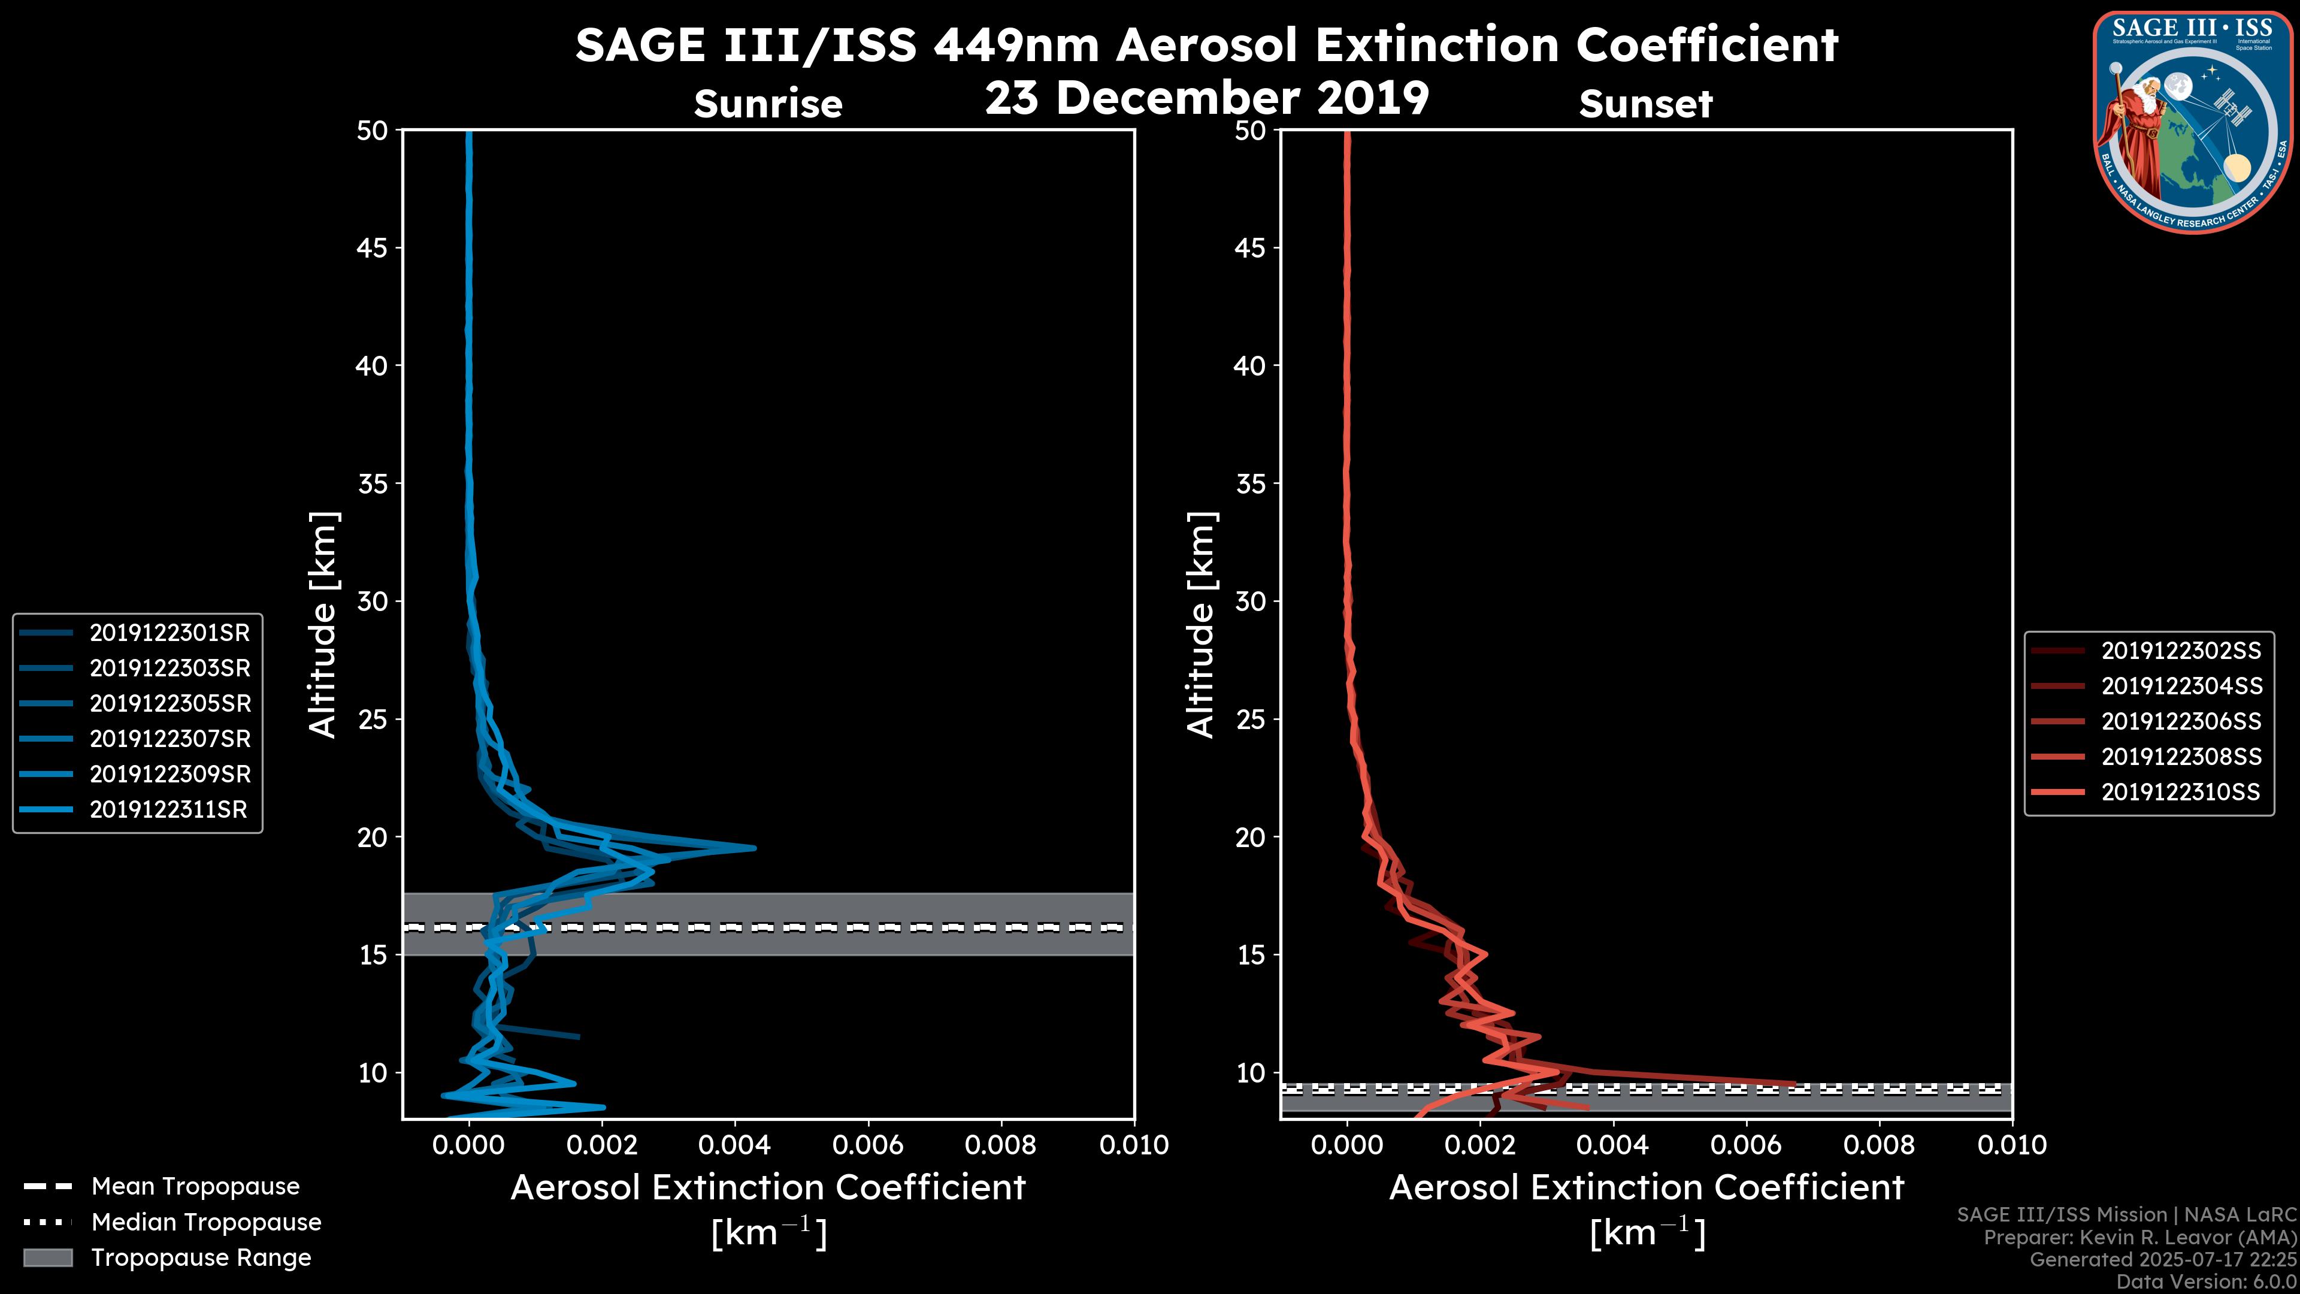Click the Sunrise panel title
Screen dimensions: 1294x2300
click(x=768, y=104)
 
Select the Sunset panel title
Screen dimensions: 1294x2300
click(x=1645, y=104)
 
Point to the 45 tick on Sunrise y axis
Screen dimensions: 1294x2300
click(x=373, y=248)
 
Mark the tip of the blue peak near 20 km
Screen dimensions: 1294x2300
click(x=755, y=848)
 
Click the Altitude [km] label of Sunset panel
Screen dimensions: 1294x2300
click(x=1201, y=625)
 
